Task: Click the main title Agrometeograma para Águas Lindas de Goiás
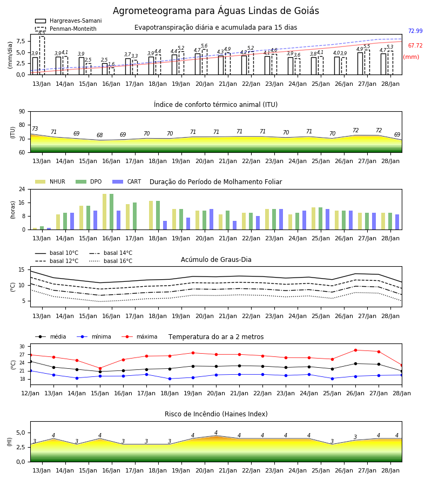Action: (x=215, y=11)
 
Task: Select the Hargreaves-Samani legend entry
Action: (x=68, y=21)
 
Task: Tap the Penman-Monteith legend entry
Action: (x=66, y=29)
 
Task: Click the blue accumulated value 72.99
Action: (x=415, y=31)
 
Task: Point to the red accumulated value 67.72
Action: (x=415, y=45)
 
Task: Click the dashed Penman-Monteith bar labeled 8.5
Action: (x=42, y=56)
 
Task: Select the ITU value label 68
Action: (x=99, y=135)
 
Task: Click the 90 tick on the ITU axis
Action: (x=22, y=112)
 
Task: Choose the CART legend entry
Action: (x=126, y=181)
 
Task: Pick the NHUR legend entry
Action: (x=50, y=181)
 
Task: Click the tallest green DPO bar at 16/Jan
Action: (x=112, y=212)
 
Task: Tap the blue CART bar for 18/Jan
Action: (x=165, y=225)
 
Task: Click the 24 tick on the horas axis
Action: (x=22, y=189)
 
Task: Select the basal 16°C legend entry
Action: (x=111, y=261)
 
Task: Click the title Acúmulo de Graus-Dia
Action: (x=216, y=260)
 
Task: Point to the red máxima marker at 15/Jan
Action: (x=100, y=368)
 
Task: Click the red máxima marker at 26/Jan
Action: (x=355, y=350)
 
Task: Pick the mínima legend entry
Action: (x=94, y=336)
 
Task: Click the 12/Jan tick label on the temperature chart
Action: (x=30, y=393)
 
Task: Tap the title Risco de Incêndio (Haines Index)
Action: (x=216, y=414)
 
